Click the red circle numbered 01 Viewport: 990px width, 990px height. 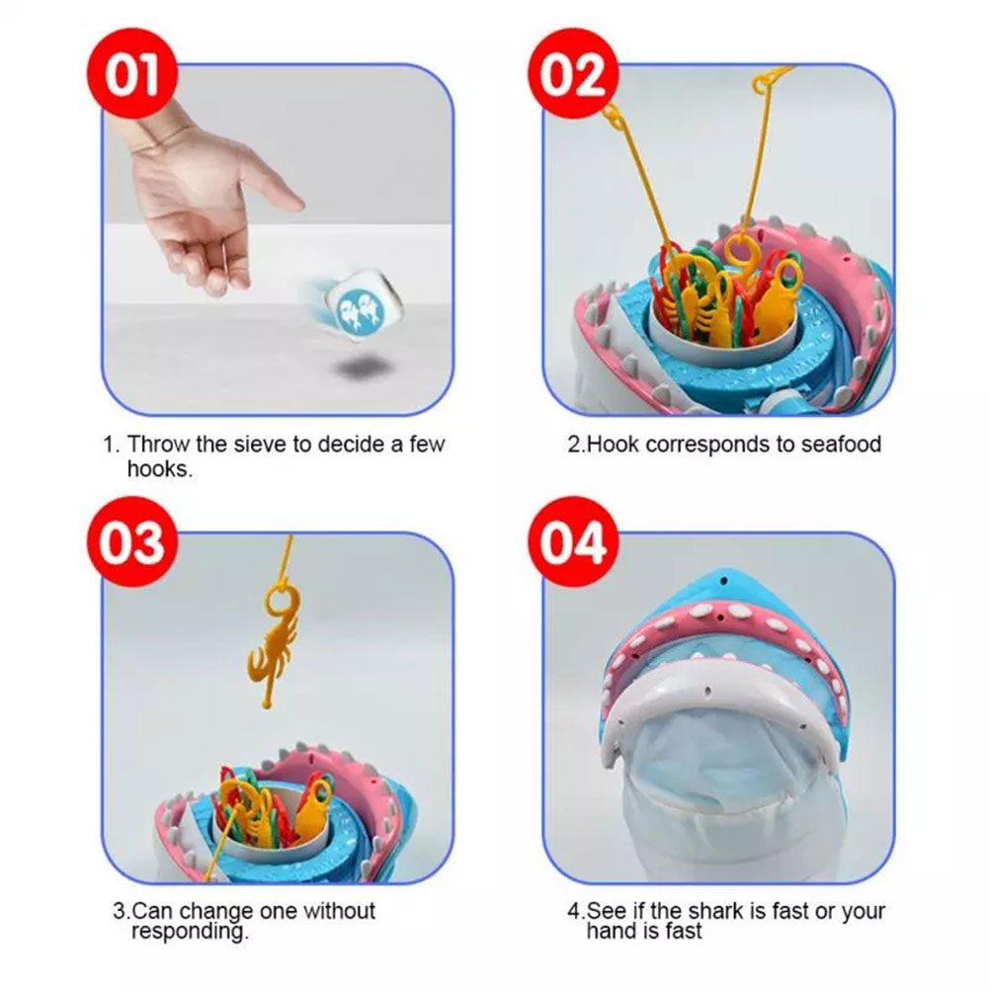132,73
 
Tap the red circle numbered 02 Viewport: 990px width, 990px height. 573,73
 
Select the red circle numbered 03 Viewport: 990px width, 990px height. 132,541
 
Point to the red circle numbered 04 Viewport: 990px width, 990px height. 573,541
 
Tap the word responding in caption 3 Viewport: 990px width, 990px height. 190,932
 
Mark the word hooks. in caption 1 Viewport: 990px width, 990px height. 160,468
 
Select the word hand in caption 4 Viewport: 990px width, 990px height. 610,930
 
